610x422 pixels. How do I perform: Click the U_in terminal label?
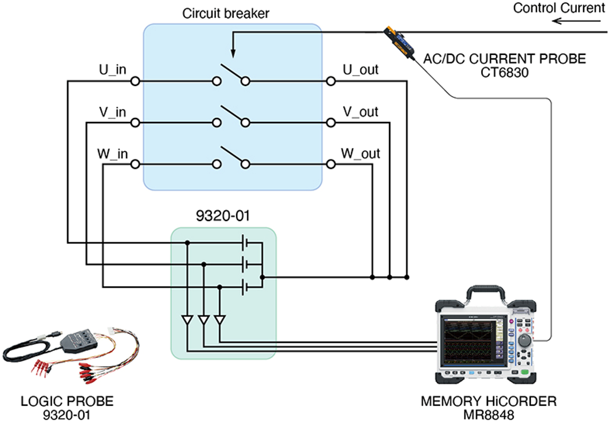point(112,70)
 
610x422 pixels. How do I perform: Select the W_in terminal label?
point(112,153)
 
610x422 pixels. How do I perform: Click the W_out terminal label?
point(360,153)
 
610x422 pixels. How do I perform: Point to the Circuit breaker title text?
point(226,13)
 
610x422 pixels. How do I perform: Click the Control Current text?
point(558,8)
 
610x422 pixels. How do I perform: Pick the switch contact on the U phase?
point(231,73)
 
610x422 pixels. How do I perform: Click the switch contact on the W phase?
point(231,156)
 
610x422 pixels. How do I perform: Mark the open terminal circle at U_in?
point(135,82)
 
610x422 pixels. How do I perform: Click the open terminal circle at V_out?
point(330,123)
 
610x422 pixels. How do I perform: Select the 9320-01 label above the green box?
point(223,217)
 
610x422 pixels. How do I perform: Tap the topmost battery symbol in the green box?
point(246,242)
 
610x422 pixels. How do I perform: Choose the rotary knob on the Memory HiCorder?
point(524,341)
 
